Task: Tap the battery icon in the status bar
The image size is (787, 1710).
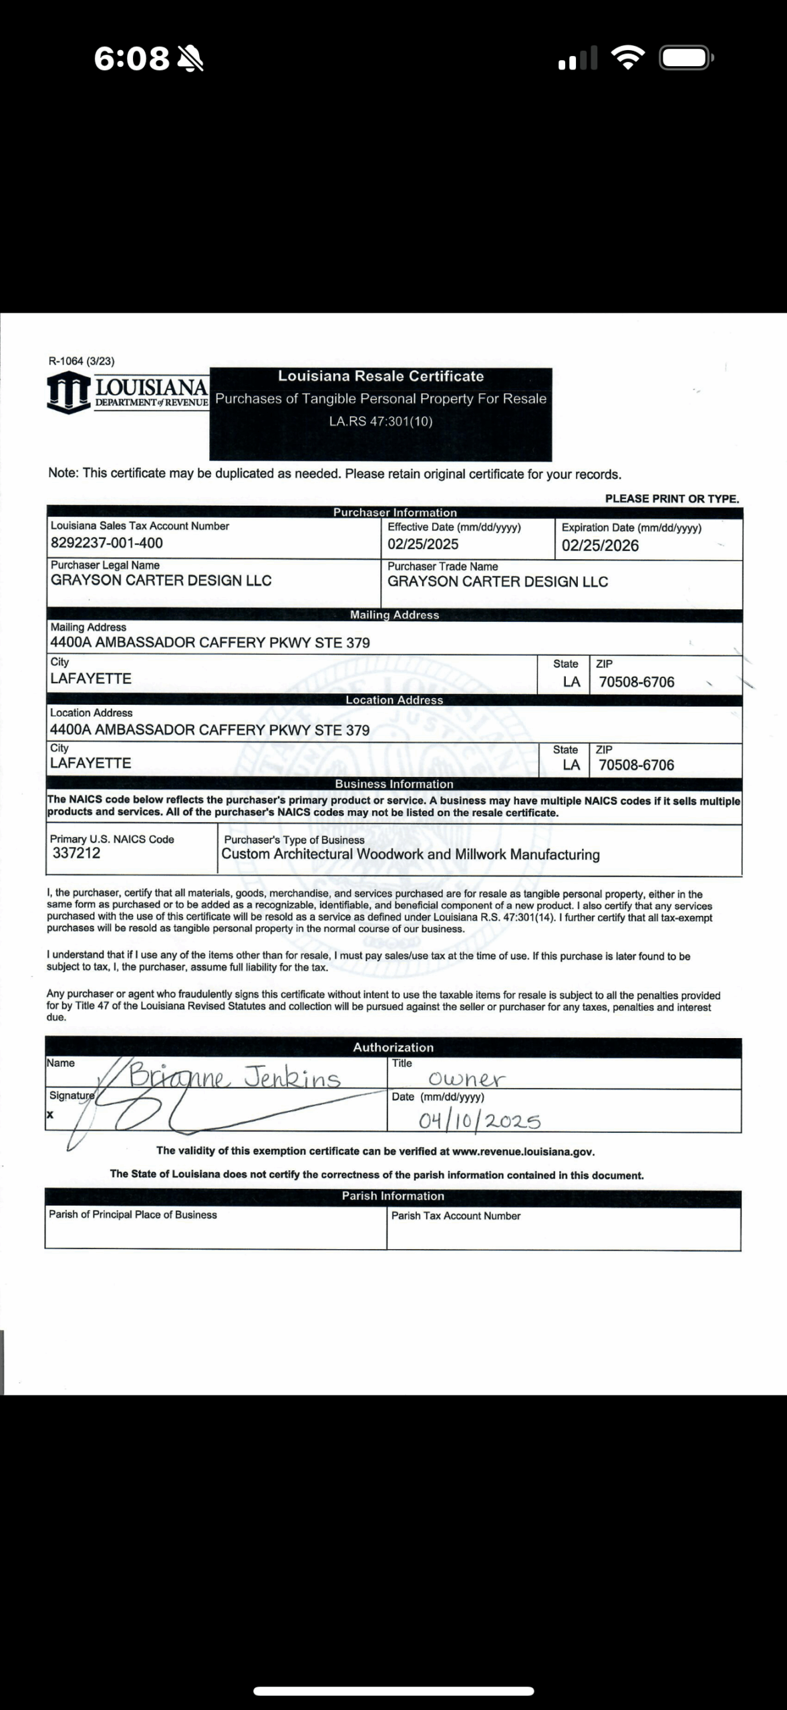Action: pyautogui.click(x=685, y=58)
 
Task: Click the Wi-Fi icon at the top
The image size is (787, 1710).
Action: pyautogui.click(x=628, y=58)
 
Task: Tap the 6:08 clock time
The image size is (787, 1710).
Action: pyautogui.click(x=132, y=59)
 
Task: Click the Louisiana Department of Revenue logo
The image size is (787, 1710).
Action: pyautogui.click(x=127, y=393)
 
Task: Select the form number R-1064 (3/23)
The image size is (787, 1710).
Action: pyautogui.click(x=82, y=361)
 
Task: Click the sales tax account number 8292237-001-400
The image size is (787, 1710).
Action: pyautogui.click(x=107, y=543)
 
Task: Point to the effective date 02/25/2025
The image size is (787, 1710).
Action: pyautogui.click(x=423, y=544)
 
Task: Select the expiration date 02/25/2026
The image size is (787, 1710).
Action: pyautogui.click(x=600, y=546)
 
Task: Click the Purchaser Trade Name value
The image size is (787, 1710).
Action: pyautogui.click(x=498, y=582)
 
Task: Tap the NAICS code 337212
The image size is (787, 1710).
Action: pyautogui.click(x=76, y=853)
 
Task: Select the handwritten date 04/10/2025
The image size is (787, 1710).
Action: pyautogui.click(x=480, y=1120)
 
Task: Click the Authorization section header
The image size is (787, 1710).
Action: pyautogui.click(x=393, y=1047)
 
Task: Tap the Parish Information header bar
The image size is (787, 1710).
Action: pyautogui.click(x=393, y=1196)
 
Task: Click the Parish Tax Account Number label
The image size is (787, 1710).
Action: pyautogui.click(x=456, y=1216)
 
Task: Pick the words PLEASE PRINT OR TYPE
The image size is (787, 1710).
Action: pyautogui.click(x=671, y=499)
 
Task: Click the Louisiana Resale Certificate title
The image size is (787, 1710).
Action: pyautogui.click(x=381, y=376)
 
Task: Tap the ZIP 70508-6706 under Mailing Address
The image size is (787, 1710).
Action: pyautogui.click(x=637, y=682)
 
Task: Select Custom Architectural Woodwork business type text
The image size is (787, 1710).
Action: pyautogui.click(x=410, y=854)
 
